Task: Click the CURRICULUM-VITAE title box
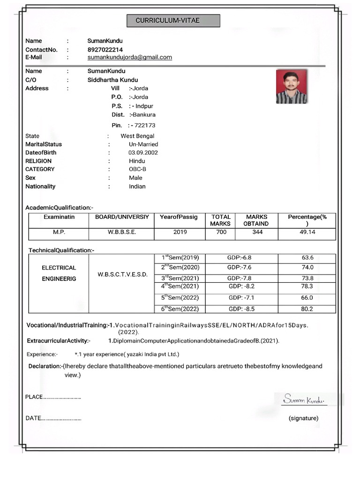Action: point(173,21)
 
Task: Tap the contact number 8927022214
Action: point(105,49)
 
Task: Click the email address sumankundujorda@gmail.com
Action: point(129,57)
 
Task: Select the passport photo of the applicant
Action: point(291,87)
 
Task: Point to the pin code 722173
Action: point(144,125)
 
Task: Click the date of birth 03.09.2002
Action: point(143,153)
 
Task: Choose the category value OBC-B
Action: point(137,169)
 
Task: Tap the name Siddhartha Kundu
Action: point(112,80)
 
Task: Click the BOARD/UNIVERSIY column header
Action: point(122,217)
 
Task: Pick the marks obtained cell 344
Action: point(257,232)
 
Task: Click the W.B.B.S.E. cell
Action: point(122,232)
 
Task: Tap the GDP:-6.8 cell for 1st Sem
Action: point(239,258)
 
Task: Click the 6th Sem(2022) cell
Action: point(180,309)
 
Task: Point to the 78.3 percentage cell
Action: point(307,286)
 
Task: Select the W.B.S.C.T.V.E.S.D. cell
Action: point(122,274)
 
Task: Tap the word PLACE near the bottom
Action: point(34,397)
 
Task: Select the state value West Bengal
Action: point(137,136)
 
